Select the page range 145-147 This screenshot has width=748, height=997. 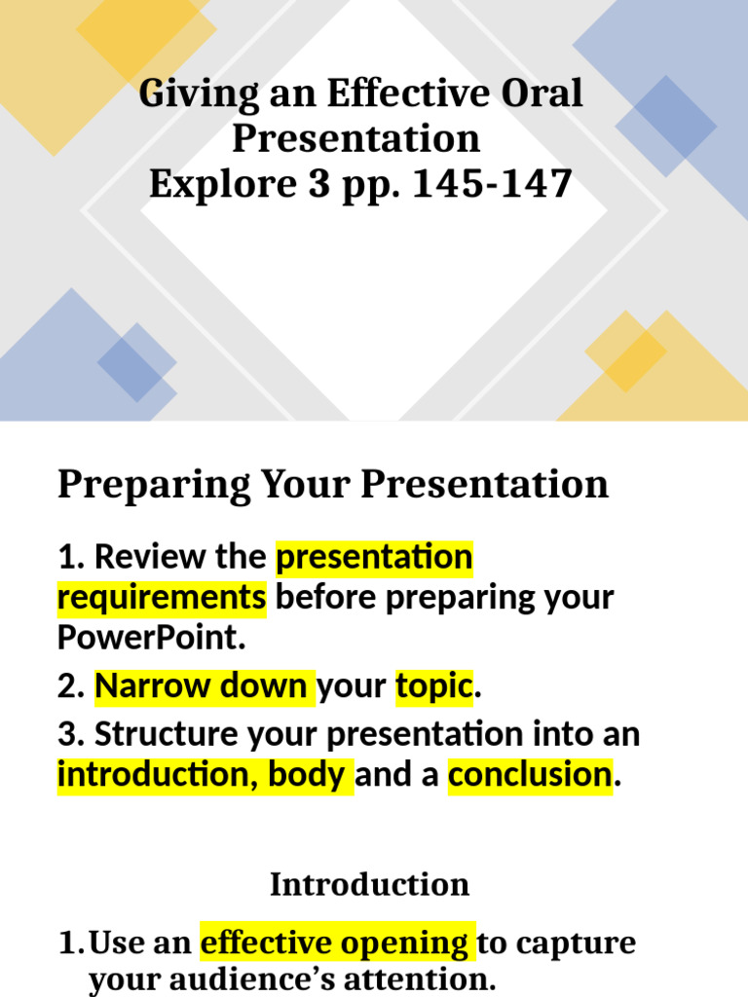(x=492, y=183)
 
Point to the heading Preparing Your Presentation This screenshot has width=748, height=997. (x=332, y=484)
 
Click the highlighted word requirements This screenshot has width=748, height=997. (x=162, y=597)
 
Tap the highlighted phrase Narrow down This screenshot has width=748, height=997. (x=203, y=686)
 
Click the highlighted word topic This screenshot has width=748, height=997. (x=433, y=686)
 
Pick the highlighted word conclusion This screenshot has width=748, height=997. (x=531, y=776)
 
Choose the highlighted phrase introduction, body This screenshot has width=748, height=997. (x=205, y=776)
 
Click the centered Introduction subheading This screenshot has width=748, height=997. (x=369, y=884)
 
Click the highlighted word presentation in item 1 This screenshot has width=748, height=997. (x=375, y=557)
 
